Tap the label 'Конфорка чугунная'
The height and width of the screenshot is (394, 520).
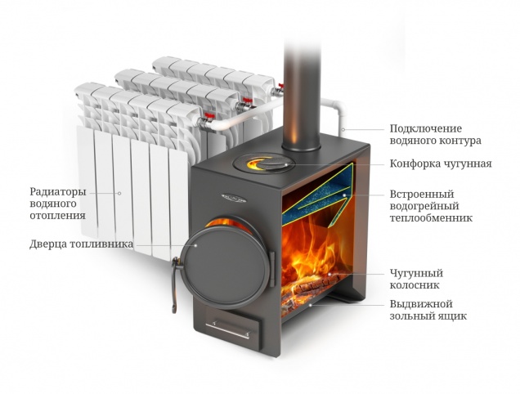click(440, 163)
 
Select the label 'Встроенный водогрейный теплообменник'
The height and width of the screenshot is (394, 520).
click(431, 206)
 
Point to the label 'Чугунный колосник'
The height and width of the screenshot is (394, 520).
click(417, 279)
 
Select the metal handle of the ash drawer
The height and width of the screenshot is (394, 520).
click(231, 333)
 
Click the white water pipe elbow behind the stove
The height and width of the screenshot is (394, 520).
click(334, 110)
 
